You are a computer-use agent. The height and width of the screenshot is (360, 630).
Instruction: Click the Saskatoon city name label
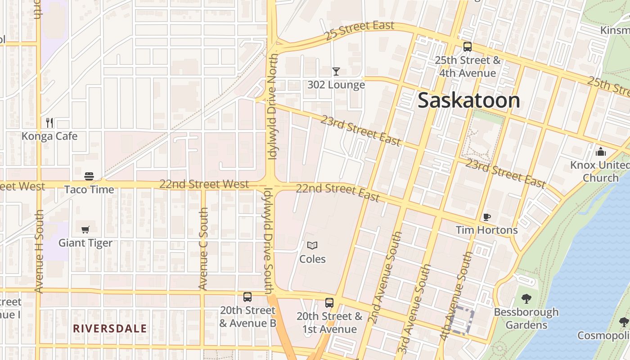tap(469, 100)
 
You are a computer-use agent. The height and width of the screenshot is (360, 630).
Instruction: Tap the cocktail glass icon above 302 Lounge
tap(336, 71)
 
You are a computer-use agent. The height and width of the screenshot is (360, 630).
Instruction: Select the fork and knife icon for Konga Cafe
tap(49, 122)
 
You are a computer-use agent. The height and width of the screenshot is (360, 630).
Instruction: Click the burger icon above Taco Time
tap(89, 176)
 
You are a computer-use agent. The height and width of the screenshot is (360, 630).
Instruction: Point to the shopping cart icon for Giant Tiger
tap(85, 229)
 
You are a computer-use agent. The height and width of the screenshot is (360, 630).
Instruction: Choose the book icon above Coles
tap(312, 245)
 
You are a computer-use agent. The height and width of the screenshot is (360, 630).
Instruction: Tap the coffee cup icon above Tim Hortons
tap(486, 217)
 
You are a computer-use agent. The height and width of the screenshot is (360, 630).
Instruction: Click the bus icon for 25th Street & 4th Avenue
tap(468, 47)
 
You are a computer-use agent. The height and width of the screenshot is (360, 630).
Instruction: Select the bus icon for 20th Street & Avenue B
tap(247, 297)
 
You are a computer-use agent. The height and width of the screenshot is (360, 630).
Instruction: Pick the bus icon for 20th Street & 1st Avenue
tap(329, 303)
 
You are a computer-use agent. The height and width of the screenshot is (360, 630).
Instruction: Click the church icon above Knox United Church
tap(600, 152)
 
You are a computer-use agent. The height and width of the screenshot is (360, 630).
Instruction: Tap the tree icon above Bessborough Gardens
tap(526, 298)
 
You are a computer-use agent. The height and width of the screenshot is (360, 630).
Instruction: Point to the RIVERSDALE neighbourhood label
tap(110, 328)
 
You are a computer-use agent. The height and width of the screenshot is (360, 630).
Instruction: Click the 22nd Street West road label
tap(204, 184)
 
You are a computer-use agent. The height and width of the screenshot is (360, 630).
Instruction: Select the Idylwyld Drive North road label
tap(273, 107)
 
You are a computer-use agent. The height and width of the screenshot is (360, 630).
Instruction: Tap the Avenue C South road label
tap(203, 248)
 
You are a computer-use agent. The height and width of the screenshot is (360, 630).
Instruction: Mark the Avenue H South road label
tap(39, 251)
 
